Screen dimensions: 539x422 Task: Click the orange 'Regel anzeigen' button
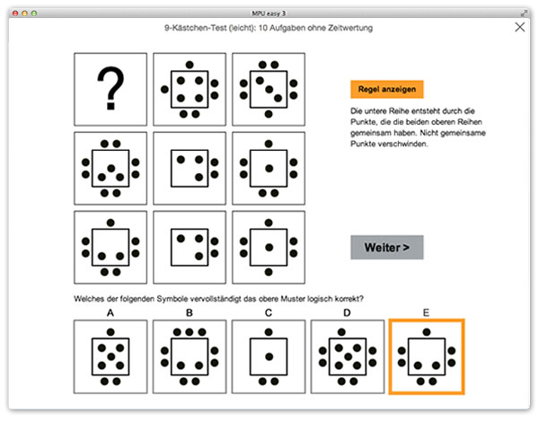tap(386, 90)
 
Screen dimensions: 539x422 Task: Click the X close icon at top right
tap(520, 27)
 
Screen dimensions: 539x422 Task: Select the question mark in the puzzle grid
tap(110, 88)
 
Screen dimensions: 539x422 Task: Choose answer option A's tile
tap(110, 356)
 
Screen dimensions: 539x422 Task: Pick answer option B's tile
tap(190, 356)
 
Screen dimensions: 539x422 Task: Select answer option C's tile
tap(269, 356)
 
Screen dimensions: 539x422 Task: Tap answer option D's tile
tap(348, 356)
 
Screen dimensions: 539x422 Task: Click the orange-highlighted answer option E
tap(427, 356)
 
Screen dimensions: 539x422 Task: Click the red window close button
tap(15, 13)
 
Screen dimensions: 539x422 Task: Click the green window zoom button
tap(34, 13)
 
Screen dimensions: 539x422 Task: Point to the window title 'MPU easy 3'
tap(269, 13)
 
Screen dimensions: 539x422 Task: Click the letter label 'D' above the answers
tap(347, 312)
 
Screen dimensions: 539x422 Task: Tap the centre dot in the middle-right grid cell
tap(269, 169)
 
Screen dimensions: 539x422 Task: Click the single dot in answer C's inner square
tap(269, 356)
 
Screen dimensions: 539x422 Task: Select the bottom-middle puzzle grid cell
tap(190, 248)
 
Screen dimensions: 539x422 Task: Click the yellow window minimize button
tap(24, 13)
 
